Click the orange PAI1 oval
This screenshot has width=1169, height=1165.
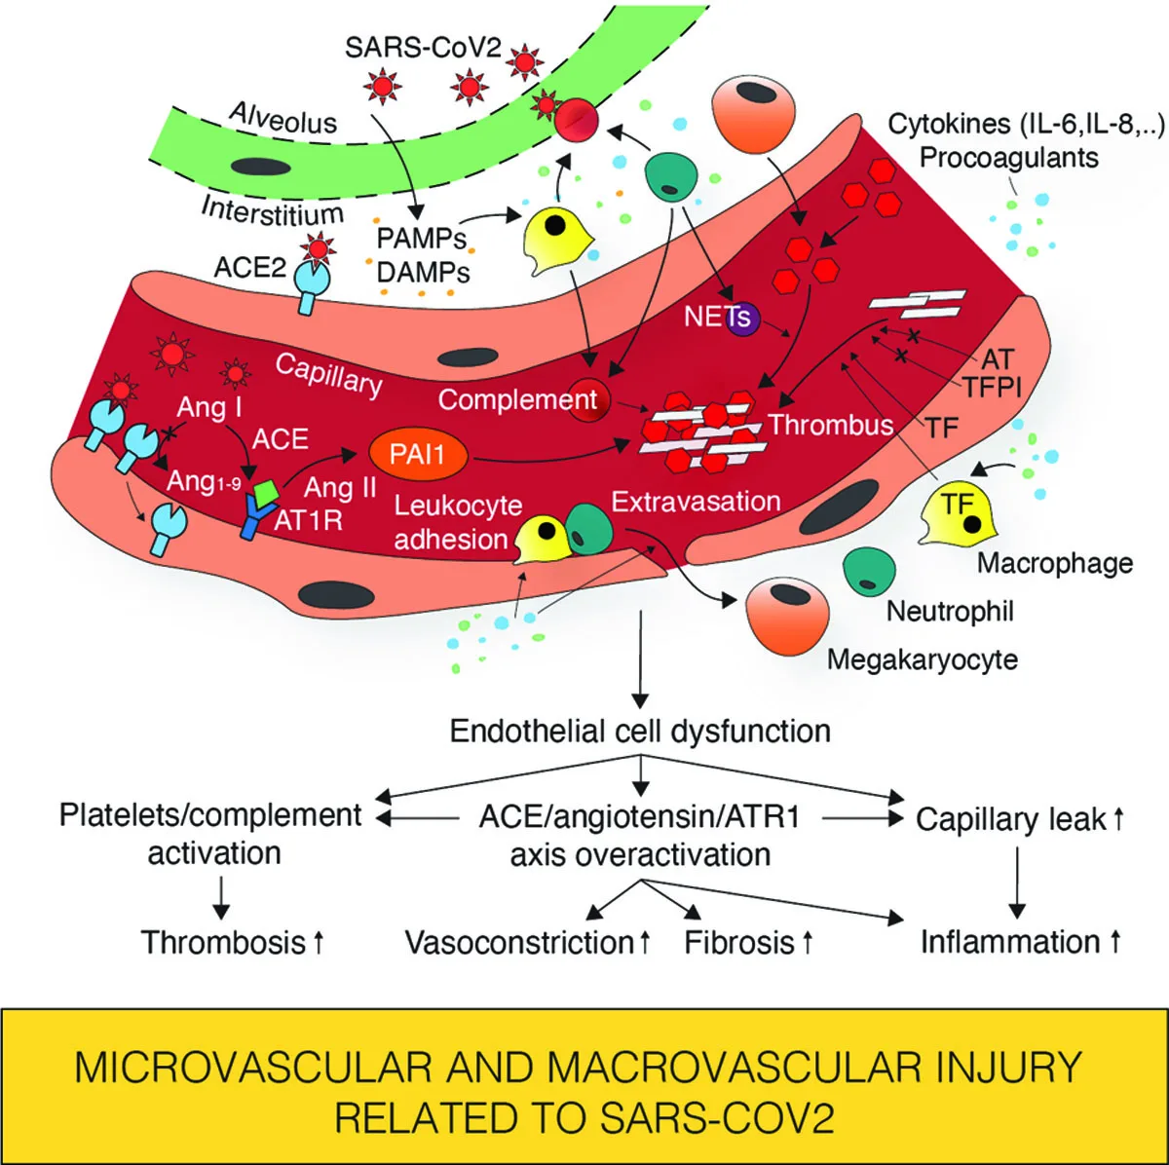418,454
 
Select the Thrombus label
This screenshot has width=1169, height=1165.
830,425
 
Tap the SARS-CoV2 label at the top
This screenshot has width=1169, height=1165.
424,48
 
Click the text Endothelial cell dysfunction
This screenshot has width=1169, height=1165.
640,731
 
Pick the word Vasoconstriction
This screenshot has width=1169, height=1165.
519,942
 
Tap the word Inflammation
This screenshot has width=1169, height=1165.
1010,942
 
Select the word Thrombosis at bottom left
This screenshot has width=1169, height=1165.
223,942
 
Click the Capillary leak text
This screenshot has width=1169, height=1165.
1010,819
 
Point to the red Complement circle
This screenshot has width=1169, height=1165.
589,400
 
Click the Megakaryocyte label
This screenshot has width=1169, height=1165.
922,659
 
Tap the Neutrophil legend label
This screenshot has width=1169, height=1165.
950,611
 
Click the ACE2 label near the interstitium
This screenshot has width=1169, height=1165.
250,266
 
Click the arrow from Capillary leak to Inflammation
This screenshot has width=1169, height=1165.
1017,882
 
